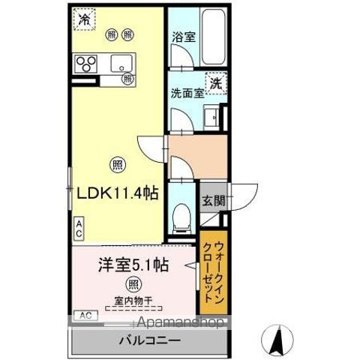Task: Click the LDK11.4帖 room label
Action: (115, 193)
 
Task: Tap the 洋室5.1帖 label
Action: (133, 265)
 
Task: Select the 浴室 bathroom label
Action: (183, 36)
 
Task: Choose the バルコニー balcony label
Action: (148, 342)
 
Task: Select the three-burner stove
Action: (85, 64)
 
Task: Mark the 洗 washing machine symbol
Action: (216, 82)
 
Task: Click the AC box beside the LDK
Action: (78, 227)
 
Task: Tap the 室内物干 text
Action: (133, 301)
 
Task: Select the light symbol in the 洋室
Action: (133, 283)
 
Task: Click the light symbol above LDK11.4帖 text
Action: (117, 165)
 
